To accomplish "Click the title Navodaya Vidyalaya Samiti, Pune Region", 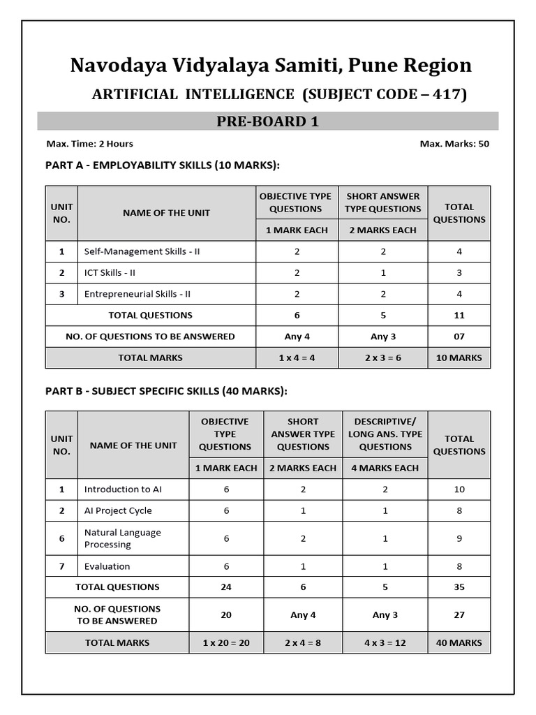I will pos(271,66).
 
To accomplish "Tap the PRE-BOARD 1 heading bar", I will pos(268,121).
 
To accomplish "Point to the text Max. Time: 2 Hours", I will pos(89,144).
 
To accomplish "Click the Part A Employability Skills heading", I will pos(162,165).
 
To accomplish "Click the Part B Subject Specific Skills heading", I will pos(166,391).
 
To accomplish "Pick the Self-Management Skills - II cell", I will pos(142,251).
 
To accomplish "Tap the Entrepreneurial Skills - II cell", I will pos(137,294).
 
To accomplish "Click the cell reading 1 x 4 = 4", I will pos(297,357).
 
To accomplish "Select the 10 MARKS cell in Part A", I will pos(459,357).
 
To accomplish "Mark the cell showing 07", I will pos(459,337).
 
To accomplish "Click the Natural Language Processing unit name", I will pos(122,538).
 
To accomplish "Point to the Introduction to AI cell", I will pos(123,489).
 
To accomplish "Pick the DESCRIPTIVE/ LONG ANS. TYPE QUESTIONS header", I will pos(385,434).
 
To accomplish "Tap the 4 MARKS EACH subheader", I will pos(385,468).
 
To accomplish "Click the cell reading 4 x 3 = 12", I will pos(385,642).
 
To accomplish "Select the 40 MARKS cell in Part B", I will pos(459,642).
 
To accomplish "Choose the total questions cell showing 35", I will pos(459,587).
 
